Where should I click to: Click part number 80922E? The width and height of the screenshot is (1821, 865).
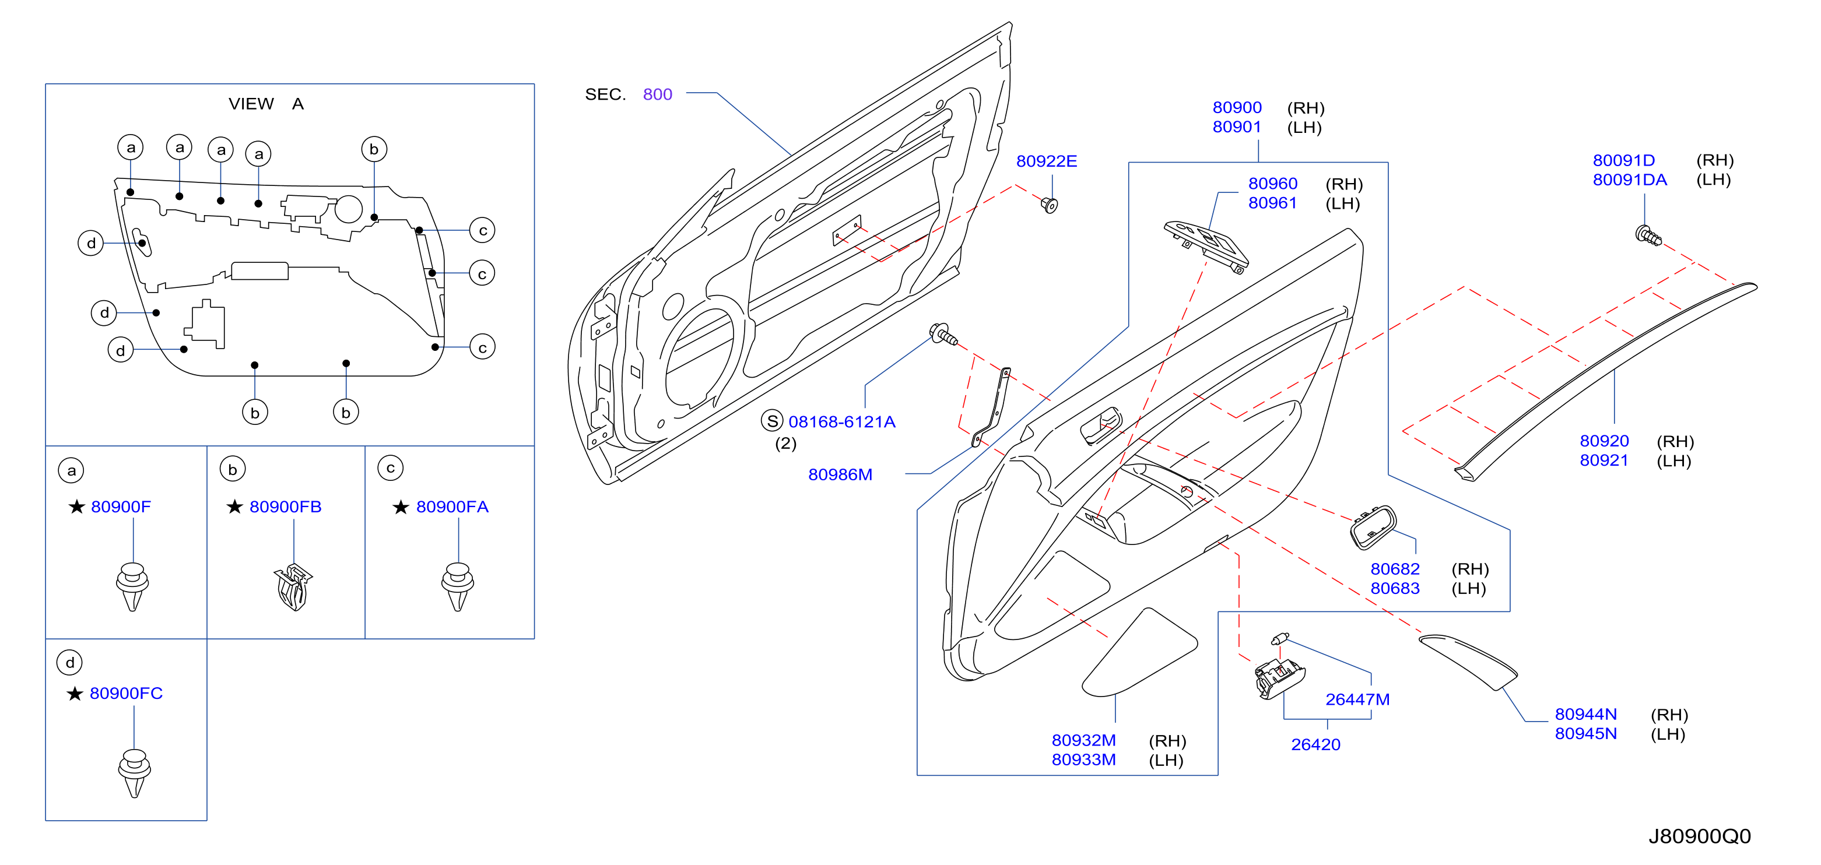pyautogui.click(x=1046, y=161)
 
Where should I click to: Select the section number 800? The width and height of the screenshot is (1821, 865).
pyautogui.click(x=657, y=94)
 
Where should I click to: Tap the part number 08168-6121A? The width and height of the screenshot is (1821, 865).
pyautogui.click(x=842, y=422)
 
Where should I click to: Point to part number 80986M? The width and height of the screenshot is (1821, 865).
pyautogui.click(x=840, y=475)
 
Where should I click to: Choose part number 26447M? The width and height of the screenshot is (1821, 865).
pyautogui.click(x=1357, y=699)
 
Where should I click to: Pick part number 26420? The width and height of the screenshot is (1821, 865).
pyautogui.click(x=1315, y=745)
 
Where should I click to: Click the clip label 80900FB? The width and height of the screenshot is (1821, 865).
pyautogui.click(x=286, y=507)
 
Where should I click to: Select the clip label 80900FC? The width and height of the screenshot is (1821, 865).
pyautogui.click(x=126, y=693)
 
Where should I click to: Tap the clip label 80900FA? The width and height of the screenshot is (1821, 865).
pyautogui.click(x=452, y=507)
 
